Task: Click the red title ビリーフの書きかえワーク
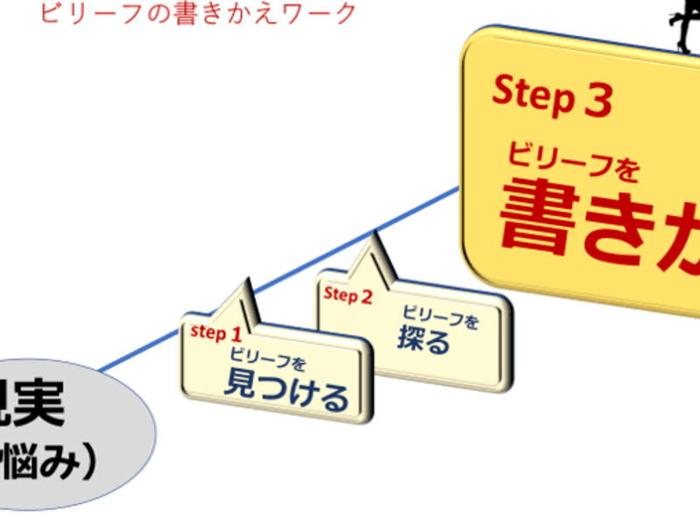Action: point(199,14)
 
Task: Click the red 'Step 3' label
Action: point(551,95)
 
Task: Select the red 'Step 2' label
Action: point(348,295)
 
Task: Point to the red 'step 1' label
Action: point(215,332)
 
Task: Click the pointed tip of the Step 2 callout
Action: point(376,233)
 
